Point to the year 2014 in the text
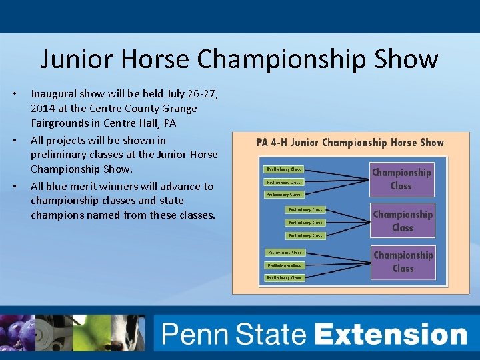point(43,108)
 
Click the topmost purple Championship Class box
point(401,179)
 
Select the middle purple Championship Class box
point(402,221)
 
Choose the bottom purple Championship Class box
point(403,261)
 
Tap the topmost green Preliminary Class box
point(283,169)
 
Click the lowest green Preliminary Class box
point(284,277)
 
